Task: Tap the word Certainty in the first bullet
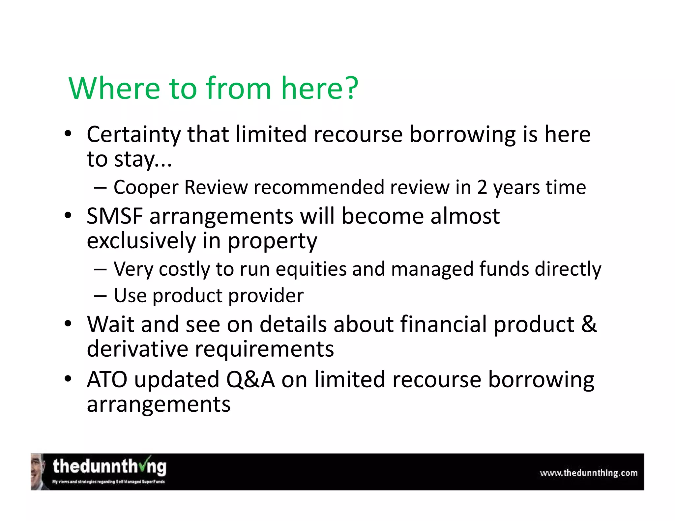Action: (x=134, y=135)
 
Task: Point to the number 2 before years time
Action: (x=482, y=187)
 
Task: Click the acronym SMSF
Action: (x=114, y=216)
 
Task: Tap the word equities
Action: (x=311, y=269)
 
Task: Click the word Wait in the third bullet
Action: (x=111, y=324)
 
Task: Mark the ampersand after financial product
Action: (x=589, y=324)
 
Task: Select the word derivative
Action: (x=137, y=349)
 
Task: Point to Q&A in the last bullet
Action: (x=250, y=380)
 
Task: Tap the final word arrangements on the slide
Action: (x=159, y=405)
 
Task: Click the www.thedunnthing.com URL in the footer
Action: (x=589, y=473)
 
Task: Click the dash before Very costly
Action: (x=100, y=269)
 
